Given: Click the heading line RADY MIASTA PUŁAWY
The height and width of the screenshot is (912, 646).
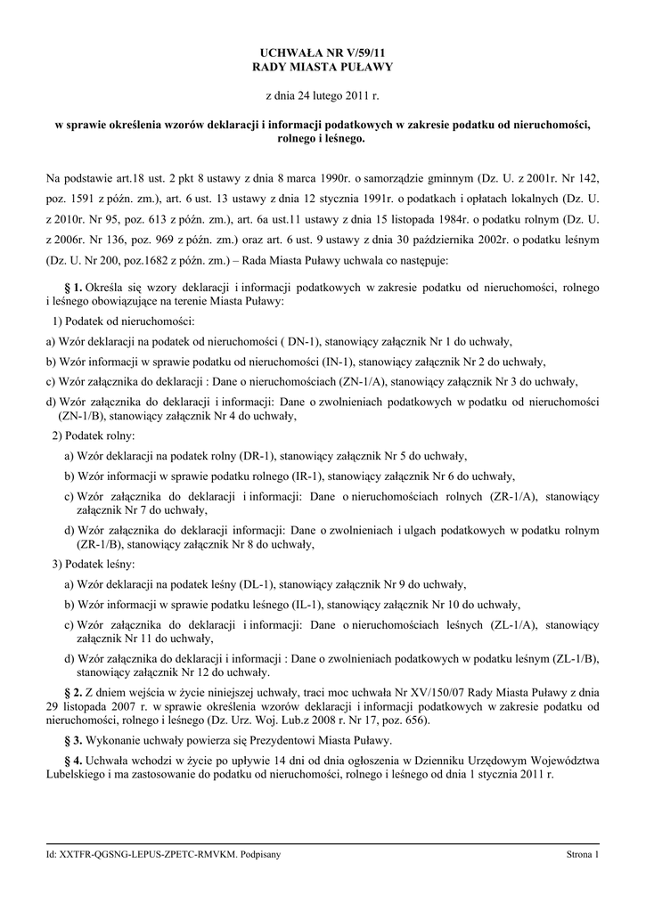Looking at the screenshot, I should pyautogui.click(x=323, y=67).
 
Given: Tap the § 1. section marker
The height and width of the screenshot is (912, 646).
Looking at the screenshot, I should pyautogui.click(x=75, y=288).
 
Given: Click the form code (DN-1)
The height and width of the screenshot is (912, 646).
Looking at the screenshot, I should pyautogui.click(x=298, y=341).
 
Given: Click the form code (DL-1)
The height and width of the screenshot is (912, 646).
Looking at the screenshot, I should pyautogui.click(x=258, y=584).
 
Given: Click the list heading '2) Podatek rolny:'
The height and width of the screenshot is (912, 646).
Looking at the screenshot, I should pyautogui.click(x=94, y=436).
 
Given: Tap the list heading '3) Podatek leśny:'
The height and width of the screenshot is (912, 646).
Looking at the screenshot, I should pyautogui.click(x=94, y=565).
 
